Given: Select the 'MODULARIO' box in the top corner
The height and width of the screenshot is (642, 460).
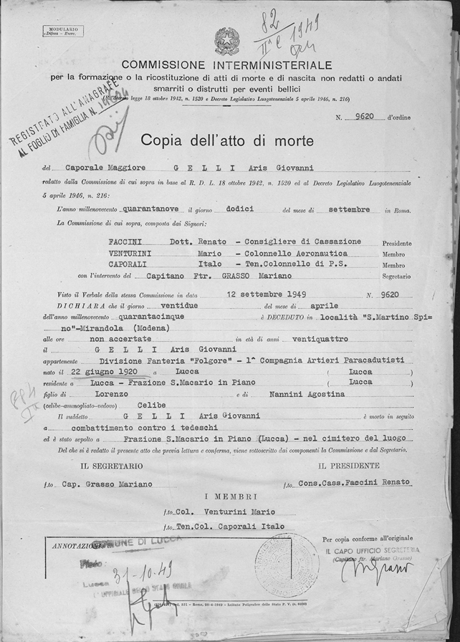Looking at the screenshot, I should coord(62,31).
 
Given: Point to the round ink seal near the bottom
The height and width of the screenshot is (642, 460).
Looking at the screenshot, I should coord(285,565).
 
